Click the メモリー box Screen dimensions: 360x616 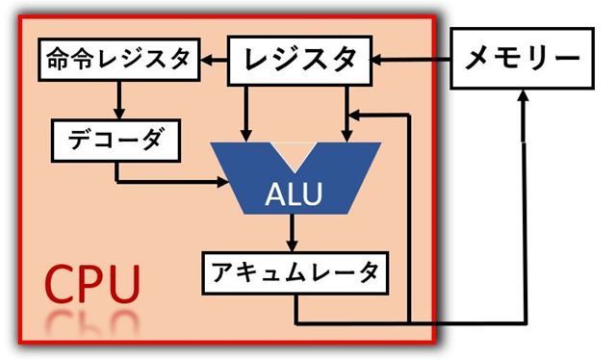[x=524, y=60]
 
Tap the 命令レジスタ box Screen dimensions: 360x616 [x=117, y=60]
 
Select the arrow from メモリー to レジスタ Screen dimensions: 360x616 [x=414, y=61]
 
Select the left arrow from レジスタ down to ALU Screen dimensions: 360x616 [x=247, y=111]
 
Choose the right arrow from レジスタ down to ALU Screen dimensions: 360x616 [x=346, y=111]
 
